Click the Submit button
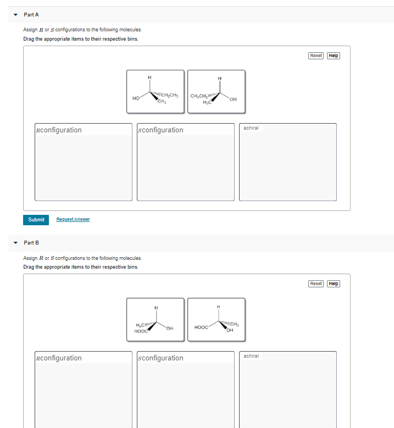click(x=36, y=220)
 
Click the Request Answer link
click(x=73, y=220)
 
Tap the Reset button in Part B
click(x=316, y=284)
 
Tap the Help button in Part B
click(x=334, y=284)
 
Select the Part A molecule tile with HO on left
click(x=156, y=91)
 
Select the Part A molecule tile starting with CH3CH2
click(x=216, y=91)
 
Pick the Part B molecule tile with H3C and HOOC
click(x=156, y=319)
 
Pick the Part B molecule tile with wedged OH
click(x=216, y=319)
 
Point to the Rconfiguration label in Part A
click(x=58, y=130)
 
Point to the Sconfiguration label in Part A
click(x=160, y=130)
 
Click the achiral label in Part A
click(x=251, y=128)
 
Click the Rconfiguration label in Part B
click(x=58, y=358)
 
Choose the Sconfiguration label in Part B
click(x=160, y=358)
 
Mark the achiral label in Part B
click(x=251, y=356)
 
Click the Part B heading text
click(x=31, y=242)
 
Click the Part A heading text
click(x=31, y=14)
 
